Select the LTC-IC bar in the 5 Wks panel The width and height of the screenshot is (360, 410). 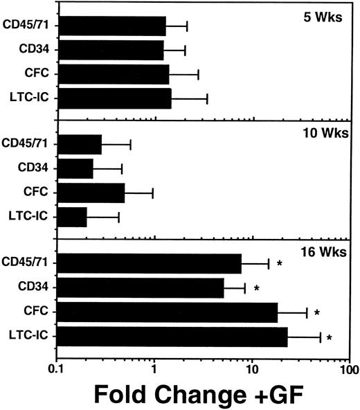114,98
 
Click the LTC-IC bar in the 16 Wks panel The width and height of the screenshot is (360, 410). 172,337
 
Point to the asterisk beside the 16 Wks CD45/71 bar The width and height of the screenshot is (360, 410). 280,264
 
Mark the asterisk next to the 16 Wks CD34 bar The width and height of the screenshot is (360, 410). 256,288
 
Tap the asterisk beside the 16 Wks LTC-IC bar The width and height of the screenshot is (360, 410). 330,338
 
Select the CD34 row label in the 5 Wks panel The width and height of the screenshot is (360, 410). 39,50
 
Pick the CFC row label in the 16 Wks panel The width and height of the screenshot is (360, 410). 42,312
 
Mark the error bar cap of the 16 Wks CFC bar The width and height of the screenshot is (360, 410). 307,312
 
